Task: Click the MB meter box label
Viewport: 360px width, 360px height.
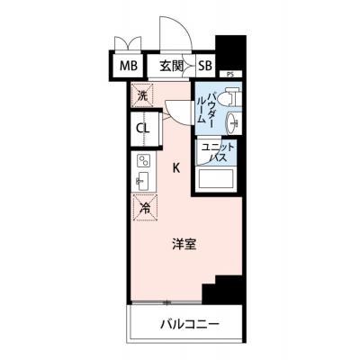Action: (x=129, y=66)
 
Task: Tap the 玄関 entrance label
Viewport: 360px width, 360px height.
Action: (x=171, y=66)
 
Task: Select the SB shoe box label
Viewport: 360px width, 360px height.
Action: (x=205, y=66)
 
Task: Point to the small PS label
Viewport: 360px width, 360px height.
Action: (x=229, y=75)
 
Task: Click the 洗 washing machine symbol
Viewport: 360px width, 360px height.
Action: (x=142, y=95)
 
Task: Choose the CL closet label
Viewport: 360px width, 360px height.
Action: (x=142, y=129)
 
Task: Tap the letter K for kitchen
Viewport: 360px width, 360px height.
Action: (x=176, y=168)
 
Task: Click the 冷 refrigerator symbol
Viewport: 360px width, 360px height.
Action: (x=145, y=208)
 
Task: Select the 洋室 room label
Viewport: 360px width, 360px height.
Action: (x=184, y=245)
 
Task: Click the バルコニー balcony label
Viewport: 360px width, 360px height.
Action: (x=190, y=324)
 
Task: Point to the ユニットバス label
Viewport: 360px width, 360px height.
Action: (x=217, y=153)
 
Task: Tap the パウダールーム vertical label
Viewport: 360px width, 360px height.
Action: (x=205, y=108)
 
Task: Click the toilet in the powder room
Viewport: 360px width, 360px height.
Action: (x=229, y=96)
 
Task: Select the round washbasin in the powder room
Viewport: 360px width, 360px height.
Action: (x=233, y=123)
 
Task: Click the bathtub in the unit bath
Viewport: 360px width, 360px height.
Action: (x=214, y=179)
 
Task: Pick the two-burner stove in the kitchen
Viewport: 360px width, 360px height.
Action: (x=143, y=161)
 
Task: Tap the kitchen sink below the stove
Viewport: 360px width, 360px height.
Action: (x=143, y=182)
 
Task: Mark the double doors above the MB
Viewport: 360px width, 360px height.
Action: (x=129, y=43)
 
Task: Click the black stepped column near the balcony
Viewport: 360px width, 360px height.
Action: (x=222, y=290)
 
